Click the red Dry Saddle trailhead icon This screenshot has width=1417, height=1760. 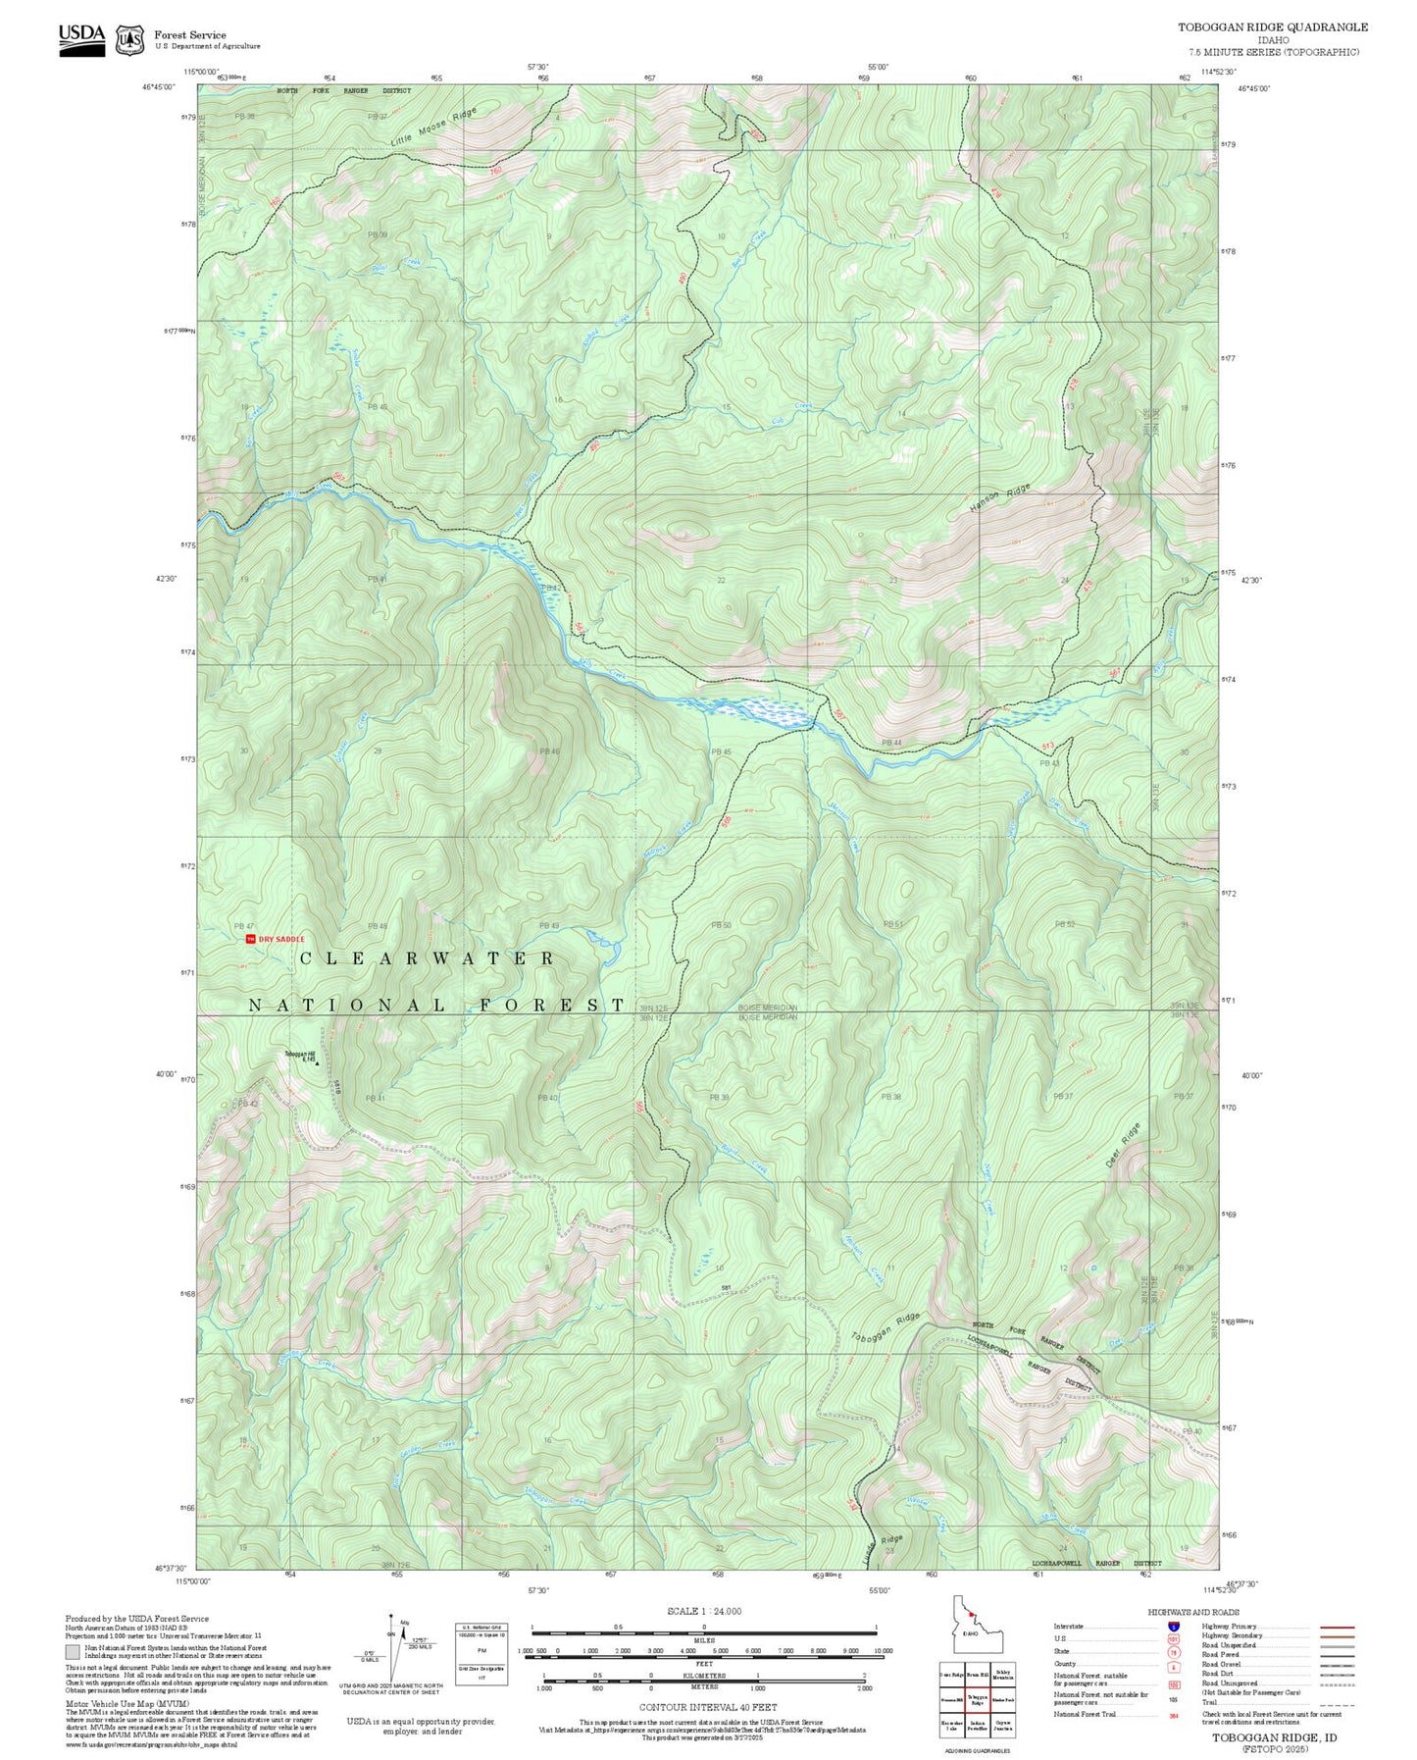pos(250,939)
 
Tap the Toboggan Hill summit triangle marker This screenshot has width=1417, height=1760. pos(317,1062)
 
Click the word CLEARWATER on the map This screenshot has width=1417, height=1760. pos(427,958)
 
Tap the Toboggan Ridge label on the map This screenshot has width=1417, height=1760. pos(886,1329)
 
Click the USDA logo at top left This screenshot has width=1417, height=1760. pos(81,36)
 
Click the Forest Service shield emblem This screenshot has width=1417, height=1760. pos(129,40)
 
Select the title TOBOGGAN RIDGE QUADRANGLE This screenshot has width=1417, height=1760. pos(1272,26)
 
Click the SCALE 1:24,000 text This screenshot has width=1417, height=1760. pos(703,1610)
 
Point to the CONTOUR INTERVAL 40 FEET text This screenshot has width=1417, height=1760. pos(707,1707)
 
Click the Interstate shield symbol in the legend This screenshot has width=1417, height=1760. pos(1173,1627)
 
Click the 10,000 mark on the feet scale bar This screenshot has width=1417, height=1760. pos(883,1651)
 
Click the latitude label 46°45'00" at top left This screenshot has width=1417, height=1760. pos(159,87)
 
